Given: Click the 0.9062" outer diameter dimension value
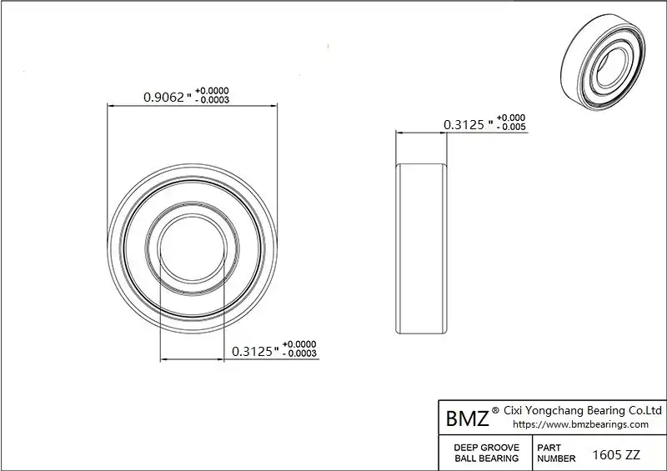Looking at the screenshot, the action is pyautogui.click(x=168, y=98).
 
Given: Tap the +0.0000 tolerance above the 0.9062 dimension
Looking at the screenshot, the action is pyautogui.click(x=212, y=91).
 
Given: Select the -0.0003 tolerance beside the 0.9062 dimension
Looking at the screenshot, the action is pyautogui.click(x=212, y=100).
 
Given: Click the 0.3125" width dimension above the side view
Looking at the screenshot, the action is pyautogui.click(x=468, y=125).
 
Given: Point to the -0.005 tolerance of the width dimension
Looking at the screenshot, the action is pyautogui.click(x=511, y=127).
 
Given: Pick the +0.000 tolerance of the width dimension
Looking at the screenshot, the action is pyautogui.click(x=511, y=118).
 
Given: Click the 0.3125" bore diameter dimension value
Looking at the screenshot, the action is pyautogui.click(x=255, y=352).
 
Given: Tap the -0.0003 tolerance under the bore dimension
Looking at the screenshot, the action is pyautogui.click(x=299, y=353).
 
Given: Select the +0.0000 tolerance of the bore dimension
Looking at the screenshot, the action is pyautogui.click(x=299, y=343).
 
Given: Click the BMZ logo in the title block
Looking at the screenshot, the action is pyautogui.click(x=468, y=418).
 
